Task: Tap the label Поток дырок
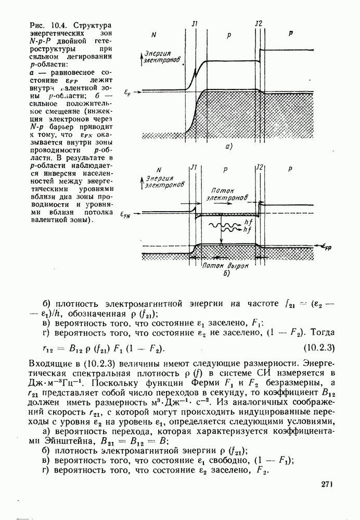point(225,264)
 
